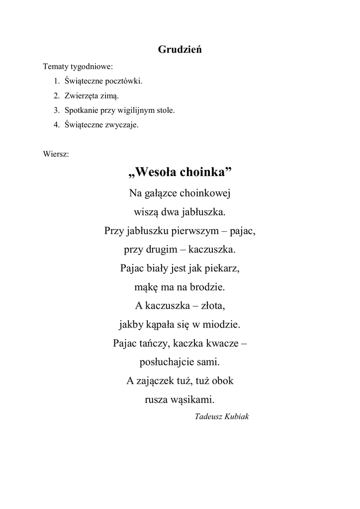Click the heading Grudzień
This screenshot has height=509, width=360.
point(180,50)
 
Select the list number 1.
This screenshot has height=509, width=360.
point(56,81)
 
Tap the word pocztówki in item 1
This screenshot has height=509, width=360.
point(124,81)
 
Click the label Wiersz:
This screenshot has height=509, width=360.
point(56,154)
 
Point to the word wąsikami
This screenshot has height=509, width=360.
point(192,400)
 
